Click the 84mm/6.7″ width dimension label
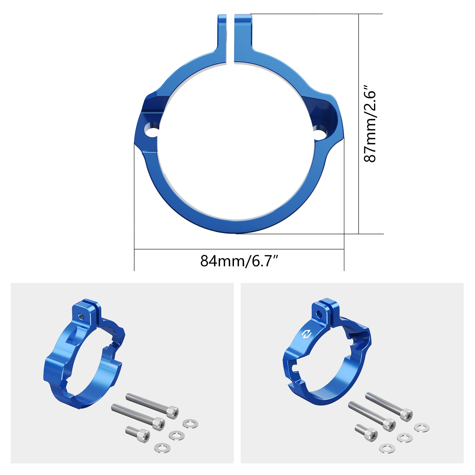click(x=239, y=261)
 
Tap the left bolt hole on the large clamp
click(x=151, y=130)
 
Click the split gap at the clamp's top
click(x=230, y=39)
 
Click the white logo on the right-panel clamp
click(x=306, y=334)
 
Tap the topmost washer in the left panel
click(x=190, y=424)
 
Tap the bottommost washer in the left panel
click(x=162, y=448)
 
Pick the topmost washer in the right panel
click(x=422, y=428)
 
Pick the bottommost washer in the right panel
click(x=387, y=448)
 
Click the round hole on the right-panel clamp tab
click(x=319, y=314)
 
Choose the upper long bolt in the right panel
click(x=389, y=407)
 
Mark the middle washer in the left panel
click(x=176, y=436)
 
